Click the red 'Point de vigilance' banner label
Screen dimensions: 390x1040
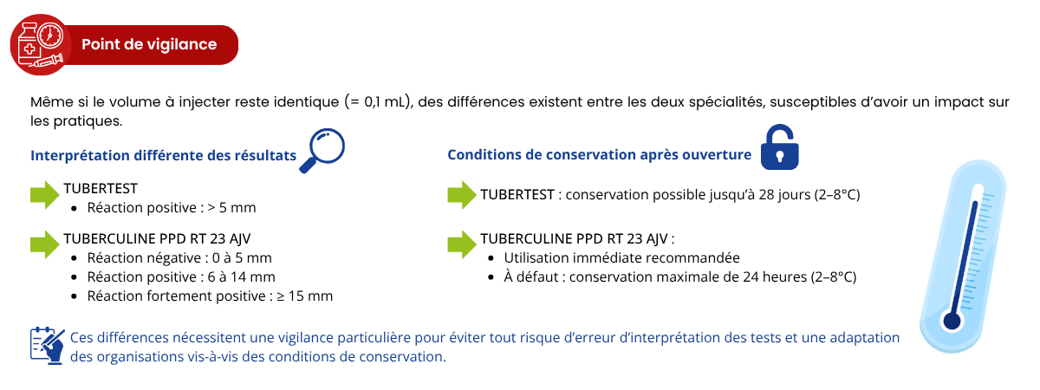149,44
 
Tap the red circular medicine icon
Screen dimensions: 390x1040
39,44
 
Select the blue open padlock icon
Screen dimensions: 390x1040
778,147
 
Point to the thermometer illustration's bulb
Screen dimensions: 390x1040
952,322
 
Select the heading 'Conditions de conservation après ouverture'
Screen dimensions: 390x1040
599,155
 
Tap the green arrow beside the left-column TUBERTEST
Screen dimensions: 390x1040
45,195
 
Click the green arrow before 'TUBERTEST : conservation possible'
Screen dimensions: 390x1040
461,194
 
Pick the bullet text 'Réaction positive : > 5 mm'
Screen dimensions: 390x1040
172,208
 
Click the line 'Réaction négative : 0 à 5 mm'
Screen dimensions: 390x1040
179,258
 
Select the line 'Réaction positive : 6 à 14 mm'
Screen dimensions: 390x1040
181,277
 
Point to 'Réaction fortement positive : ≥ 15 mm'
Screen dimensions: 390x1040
210,296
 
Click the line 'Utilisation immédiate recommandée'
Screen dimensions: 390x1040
621,258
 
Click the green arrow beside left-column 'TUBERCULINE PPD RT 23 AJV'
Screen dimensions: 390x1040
45,244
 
